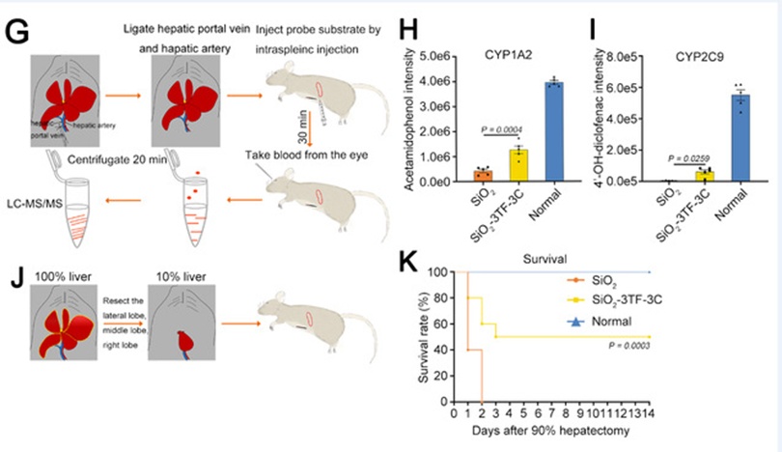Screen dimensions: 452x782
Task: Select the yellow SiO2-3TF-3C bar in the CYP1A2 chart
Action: coord(518,165)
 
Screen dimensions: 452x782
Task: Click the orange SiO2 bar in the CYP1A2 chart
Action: coord(483,176)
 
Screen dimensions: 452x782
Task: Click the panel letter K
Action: coord(406,262)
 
